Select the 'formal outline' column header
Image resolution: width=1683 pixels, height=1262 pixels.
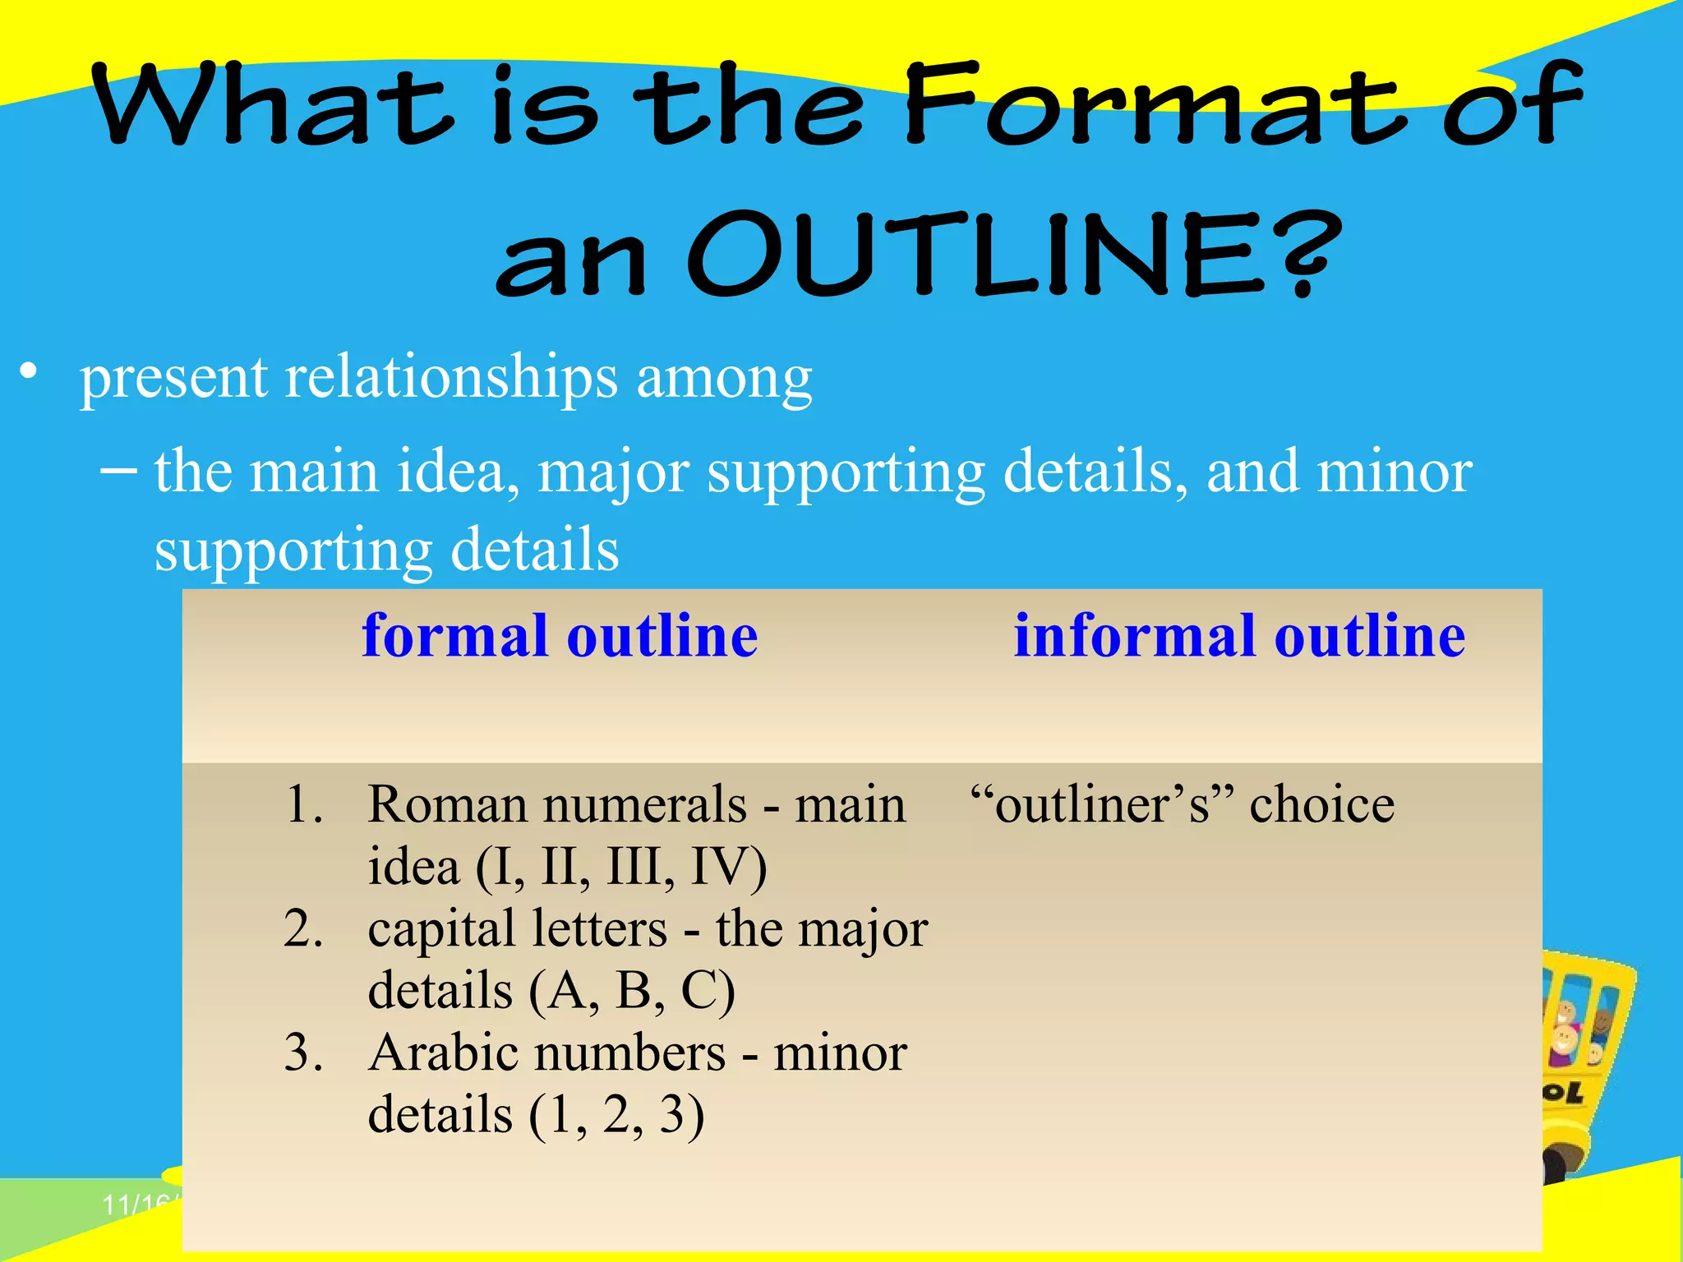click(x=560, y=636)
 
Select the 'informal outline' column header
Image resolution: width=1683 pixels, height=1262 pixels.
click(x=1239, y=636)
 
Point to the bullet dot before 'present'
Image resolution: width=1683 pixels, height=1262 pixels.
click(x=30, y=371)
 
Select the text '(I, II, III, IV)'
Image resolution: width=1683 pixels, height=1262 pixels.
click(x=621, y=867)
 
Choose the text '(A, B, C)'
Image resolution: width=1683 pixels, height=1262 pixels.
click(x=631, y=991)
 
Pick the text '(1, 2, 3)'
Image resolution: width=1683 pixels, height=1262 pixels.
click(x=616, y=1116)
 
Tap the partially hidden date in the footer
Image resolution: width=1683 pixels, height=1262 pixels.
click(x=136, y=1204)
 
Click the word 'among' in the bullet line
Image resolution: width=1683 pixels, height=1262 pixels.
click(x=724, y=378)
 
